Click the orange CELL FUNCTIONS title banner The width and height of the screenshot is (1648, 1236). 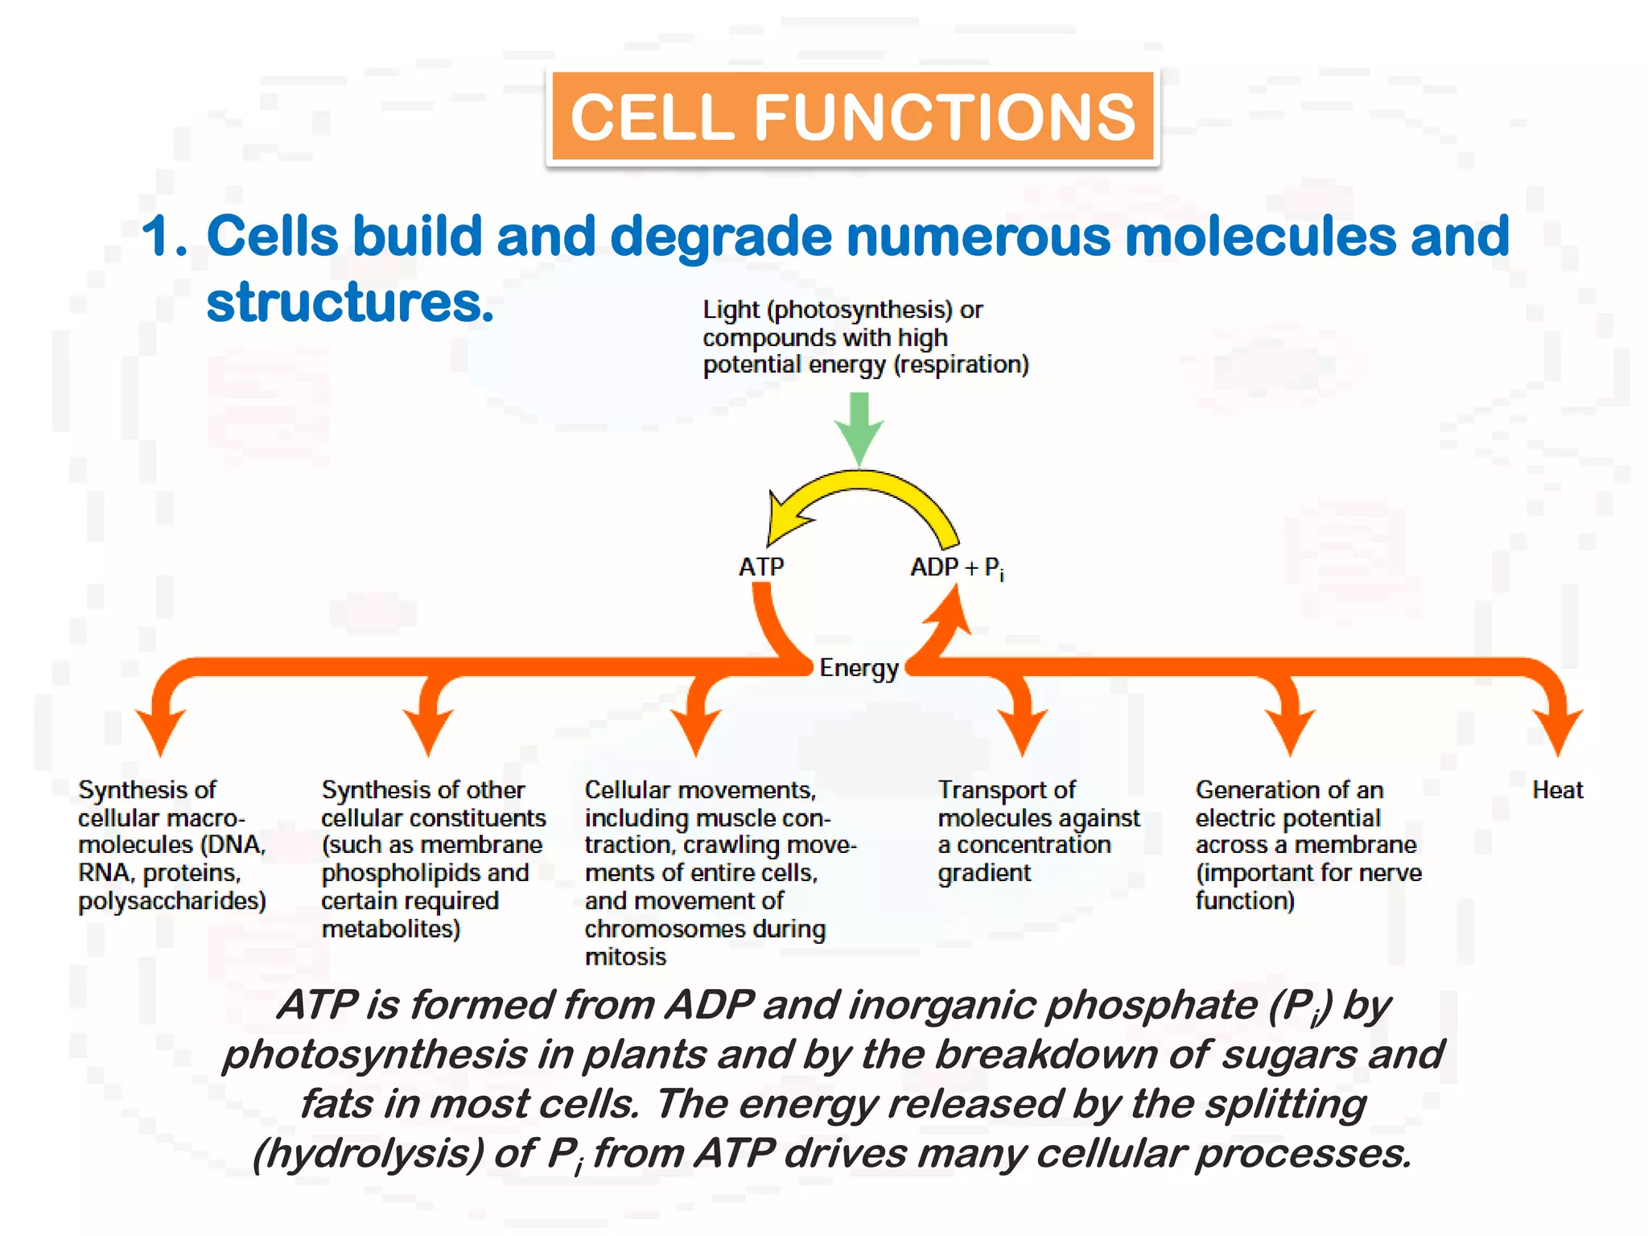852,118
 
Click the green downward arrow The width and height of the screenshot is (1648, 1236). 859,426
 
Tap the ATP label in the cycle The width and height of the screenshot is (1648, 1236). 760,567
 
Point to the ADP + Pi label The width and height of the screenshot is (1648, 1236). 956,568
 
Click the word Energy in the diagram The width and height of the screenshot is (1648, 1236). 858,668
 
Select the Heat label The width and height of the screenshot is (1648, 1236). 1557,790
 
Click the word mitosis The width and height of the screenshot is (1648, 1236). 625,957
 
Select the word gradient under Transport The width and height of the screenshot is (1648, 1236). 983,873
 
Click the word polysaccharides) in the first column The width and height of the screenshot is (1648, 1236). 171,901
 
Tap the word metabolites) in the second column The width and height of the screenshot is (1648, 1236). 390,929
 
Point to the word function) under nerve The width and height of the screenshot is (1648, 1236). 1244,901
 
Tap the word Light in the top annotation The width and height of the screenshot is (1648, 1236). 731,310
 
